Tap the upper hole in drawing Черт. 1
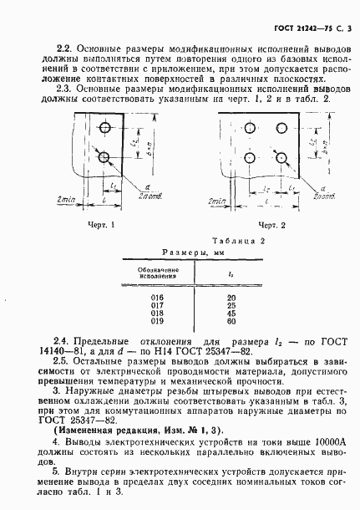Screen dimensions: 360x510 tap(105, 129)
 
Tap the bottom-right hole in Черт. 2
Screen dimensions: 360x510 tap(280, 157)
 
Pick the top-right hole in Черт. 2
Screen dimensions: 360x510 tap(280, 129)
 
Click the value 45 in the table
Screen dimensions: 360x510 tap(231, 313)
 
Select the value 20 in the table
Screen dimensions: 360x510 tap(231, 298)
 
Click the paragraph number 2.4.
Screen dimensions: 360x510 tap(61, 341)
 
